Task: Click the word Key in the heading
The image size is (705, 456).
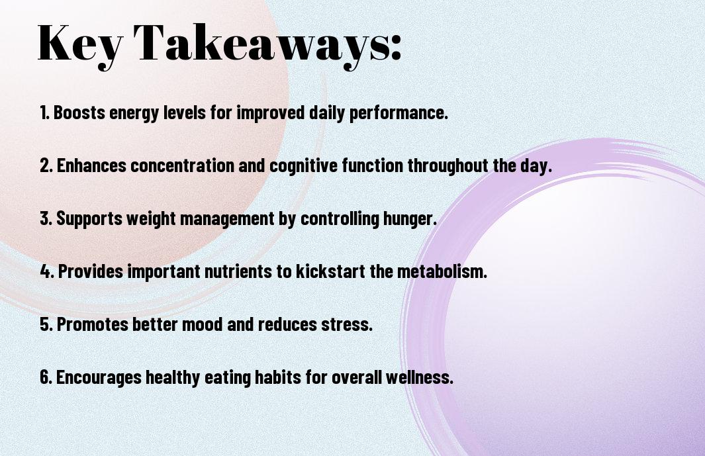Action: (x=77, y=43)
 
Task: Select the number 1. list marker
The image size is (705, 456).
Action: (x=45, y=113)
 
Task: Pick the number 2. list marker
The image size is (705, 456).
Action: (x=46, y=165)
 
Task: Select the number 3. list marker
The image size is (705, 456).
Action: (x=46, y=218)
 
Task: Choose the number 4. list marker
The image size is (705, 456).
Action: (x=47, y=271)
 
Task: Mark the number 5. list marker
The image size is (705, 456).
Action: (x=46, y=324)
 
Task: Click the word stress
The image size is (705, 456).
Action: (x=349, y=324)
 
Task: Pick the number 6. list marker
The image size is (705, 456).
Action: (x=46, y=377)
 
